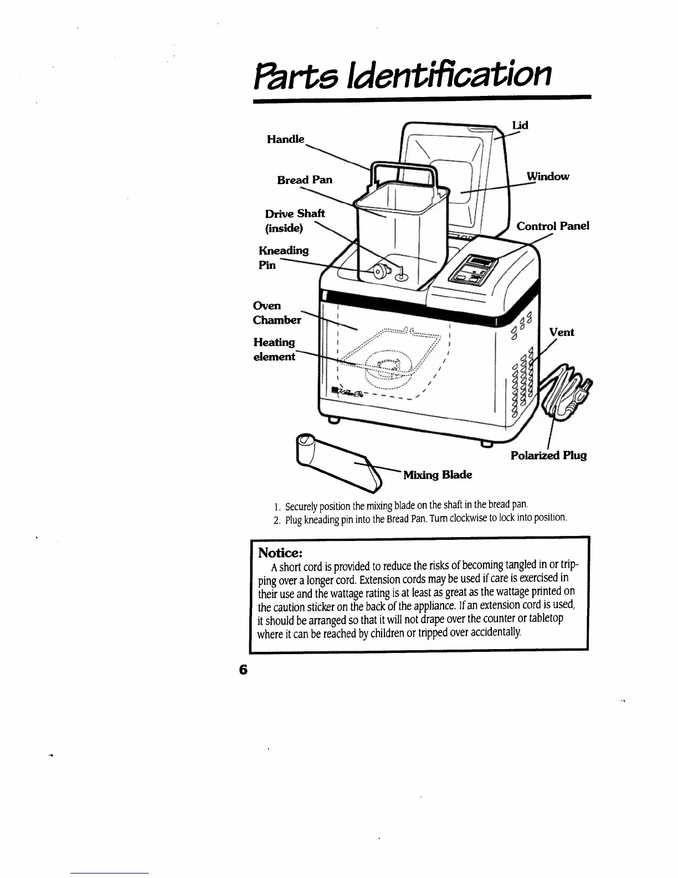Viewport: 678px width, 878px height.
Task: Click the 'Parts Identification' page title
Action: tap(403, 77)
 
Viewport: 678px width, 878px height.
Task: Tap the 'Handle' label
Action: tap(285, 139)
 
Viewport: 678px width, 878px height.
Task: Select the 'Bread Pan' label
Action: tap(305, 180)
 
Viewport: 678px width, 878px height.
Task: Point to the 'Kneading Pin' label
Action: tap(283, 258)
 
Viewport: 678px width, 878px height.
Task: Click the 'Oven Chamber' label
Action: tap(276, 313)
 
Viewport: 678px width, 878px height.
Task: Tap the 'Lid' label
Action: tap(520, 125)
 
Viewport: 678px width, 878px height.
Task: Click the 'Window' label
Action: tap(547, 177)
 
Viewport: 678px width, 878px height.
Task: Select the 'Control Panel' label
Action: tap(552, 226)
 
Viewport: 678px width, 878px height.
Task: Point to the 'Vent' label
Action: tap(561, 333)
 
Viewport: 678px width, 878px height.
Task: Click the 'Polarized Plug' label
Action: tap(548, 456)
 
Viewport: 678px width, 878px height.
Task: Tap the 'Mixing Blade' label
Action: tap(438, 475)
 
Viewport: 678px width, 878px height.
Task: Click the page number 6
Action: tap(242, 669)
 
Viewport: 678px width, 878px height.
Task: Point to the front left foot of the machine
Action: tap(333, 420)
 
